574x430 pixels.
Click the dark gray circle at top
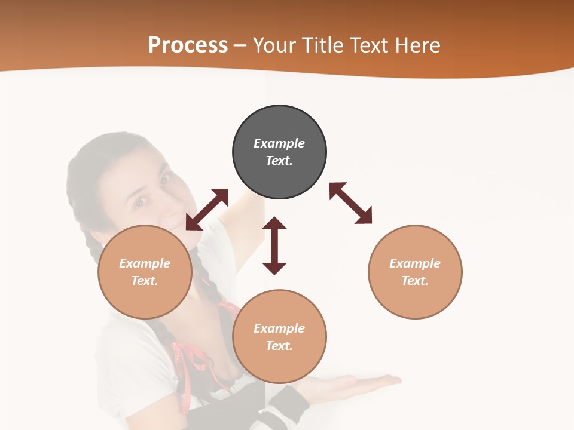coord(279,152)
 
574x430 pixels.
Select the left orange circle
coord(145,272)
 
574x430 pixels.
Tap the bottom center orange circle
coord(279,337)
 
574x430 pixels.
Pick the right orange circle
coord(415,272)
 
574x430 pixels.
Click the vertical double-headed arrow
coord(274,245)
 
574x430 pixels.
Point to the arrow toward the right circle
coord(351,203)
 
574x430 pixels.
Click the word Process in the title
coord(188,45)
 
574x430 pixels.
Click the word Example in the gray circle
coord(279,143)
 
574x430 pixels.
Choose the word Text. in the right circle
coord(415,281)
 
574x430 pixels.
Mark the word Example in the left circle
coord(145,263)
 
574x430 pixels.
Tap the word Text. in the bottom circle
coord(279,346)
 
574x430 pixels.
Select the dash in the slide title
coord(240,45)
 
